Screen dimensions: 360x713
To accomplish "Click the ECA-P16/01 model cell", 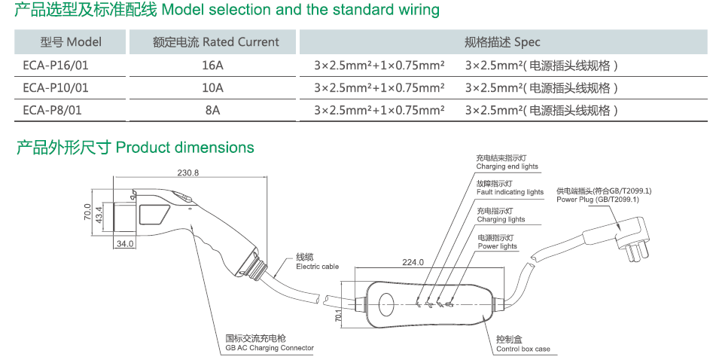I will coord(56,66).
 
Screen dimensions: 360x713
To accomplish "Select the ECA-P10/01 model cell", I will coord(56,88).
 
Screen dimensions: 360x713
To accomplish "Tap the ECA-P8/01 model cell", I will coord(53,111).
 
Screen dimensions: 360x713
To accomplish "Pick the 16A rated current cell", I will coord(213,66).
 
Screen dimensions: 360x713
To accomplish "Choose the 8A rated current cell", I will coord(213,111).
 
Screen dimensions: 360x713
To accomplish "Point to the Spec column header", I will coord(503,42).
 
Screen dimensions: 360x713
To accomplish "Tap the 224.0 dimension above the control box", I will coord(413,263).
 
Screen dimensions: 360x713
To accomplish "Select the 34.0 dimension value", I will coord(125,243).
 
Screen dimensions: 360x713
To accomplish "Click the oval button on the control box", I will coord(386,304).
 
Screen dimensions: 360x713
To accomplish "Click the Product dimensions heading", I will coord(136,148).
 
